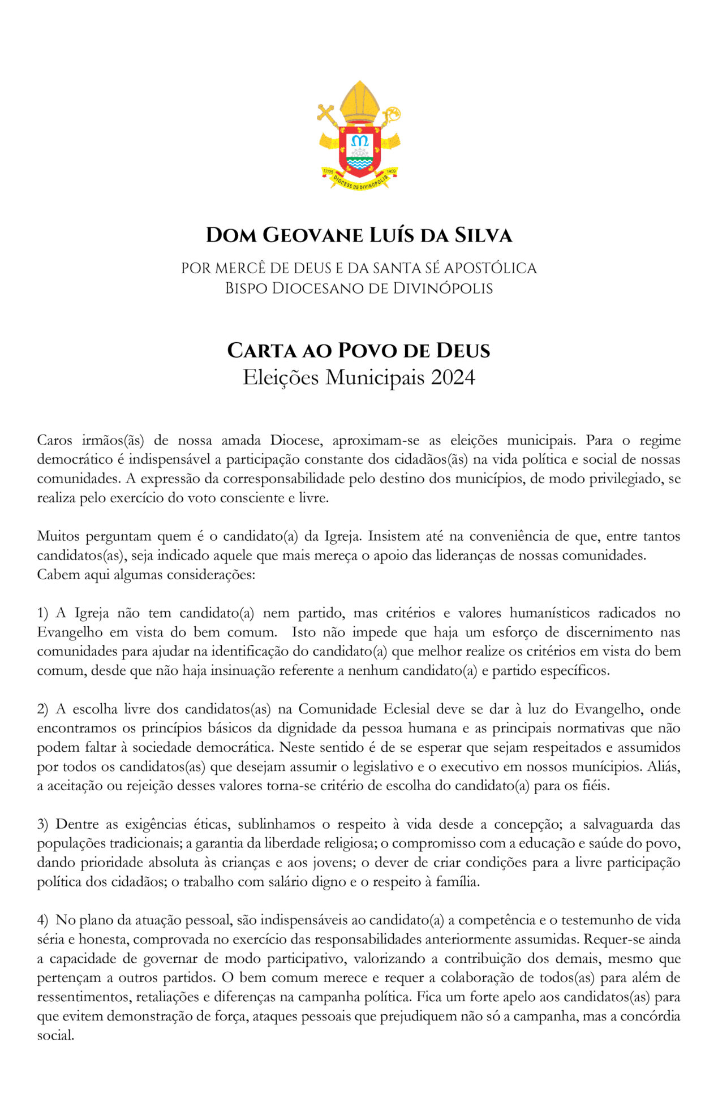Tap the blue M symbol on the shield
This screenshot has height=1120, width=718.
pos(359,140)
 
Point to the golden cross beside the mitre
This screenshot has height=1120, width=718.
pos(328,114)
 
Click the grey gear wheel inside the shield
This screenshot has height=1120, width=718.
pos(359,153)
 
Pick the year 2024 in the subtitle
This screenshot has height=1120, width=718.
pos(453,377)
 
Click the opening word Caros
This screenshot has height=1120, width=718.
pos(53,440)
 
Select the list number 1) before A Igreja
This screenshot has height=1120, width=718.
pos(43,613)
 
